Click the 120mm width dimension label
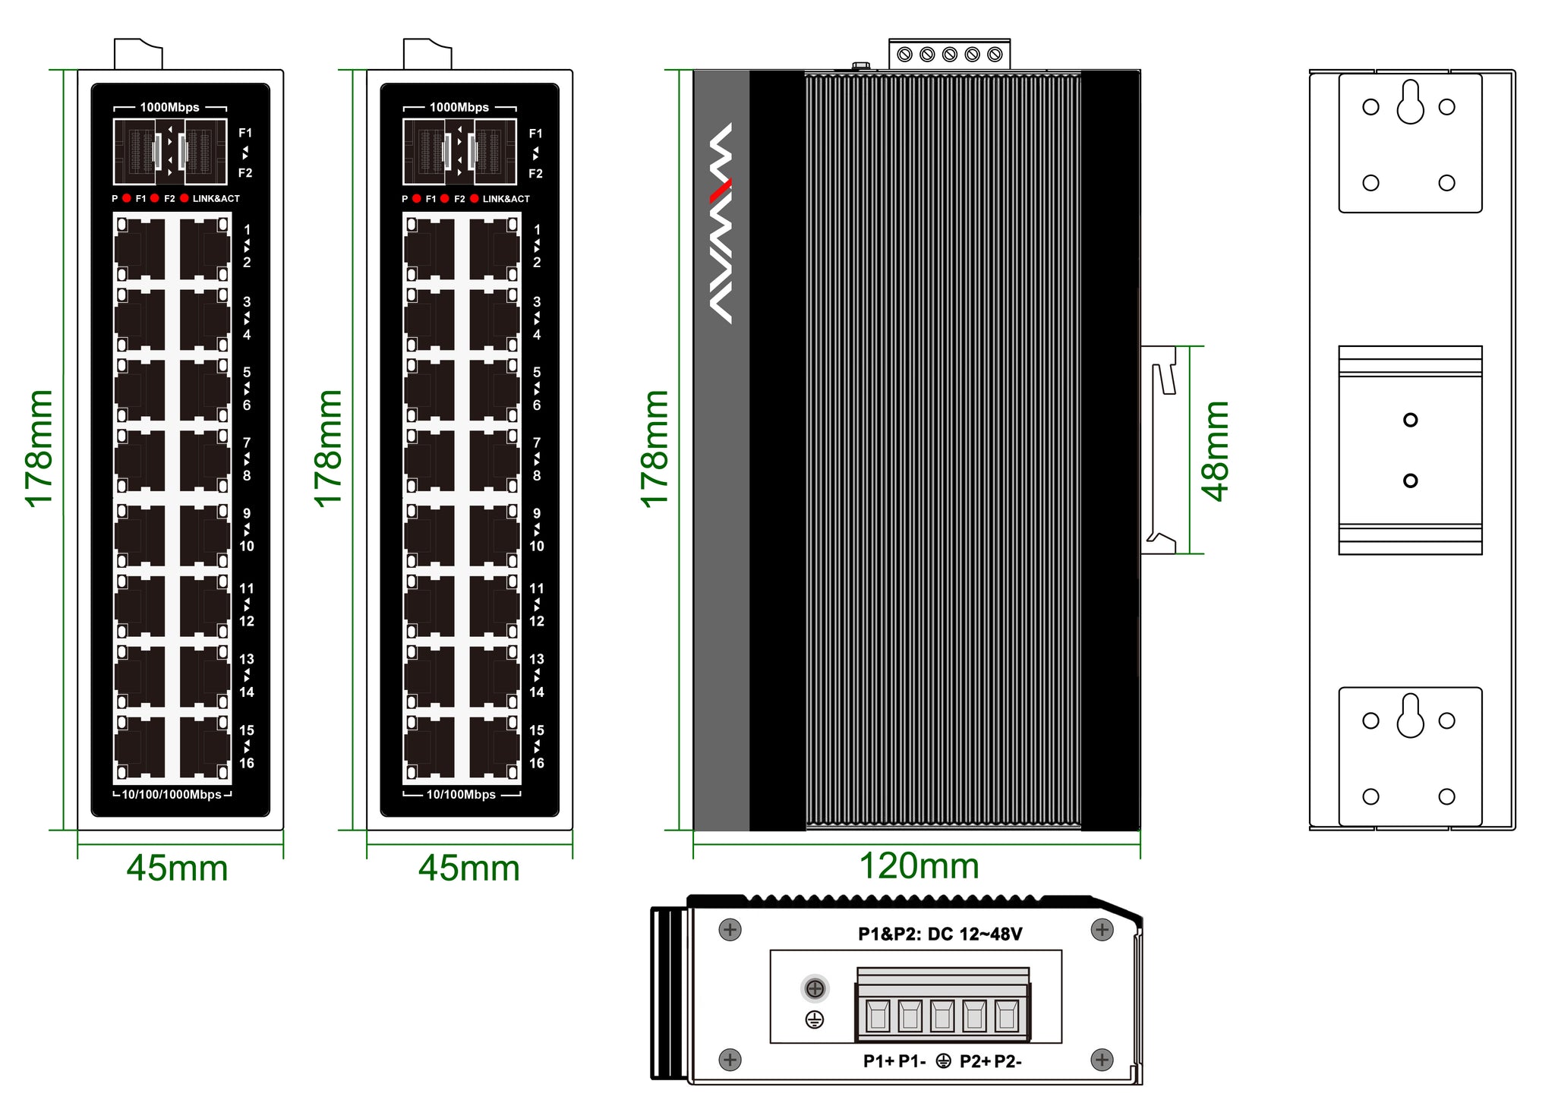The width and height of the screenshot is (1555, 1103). [x=919, y=866]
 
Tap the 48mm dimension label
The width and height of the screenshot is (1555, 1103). [x=1215, y=451]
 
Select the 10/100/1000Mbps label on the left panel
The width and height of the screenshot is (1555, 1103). [x=172, y=795]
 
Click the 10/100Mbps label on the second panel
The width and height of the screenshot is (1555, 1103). [x=461, y=795]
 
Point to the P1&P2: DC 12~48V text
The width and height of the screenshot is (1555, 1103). [x=940, y=934]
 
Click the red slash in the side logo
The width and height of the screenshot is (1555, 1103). [x=721, y=191]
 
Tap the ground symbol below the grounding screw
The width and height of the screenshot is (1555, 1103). [x=815, y=1019]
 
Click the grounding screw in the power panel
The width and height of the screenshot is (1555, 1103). [x=815, y=988]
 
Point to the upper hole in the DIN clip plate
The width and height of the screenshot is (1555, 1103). [x=1410, y=420]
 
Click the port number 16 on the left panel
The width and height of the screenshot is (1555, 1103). [x=247, y=763]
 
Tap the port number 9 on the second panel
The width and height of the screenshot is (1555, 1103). [x=537, y=513]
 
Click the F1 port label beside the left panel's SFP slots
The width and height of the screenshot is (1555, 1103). [x=245, y=133]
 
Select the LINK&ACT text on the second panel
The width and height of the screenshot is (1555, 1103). [x=506, y=199]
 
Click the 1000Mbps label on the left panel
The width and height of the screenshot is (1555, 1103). [x=169, y=107]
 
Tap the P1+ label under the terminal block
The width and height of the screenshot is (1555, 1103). [x=878, y=1061]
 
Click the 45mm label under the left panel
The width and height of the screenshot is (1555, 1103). [x=177, y=868]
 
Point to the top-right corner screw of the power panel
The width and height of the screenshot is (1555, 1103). [x=1102, y=929]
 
